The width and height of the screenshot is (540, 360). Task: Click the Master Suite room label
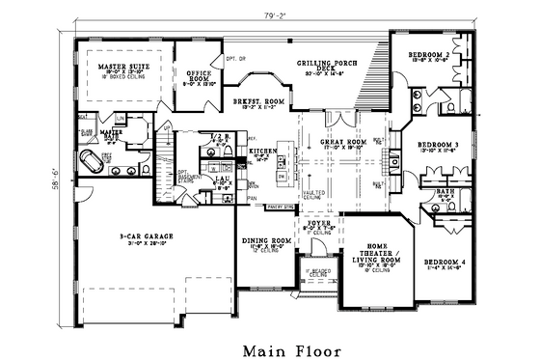point(122,67)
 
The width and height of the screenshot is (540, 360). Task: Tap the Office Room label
point(198,75)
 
